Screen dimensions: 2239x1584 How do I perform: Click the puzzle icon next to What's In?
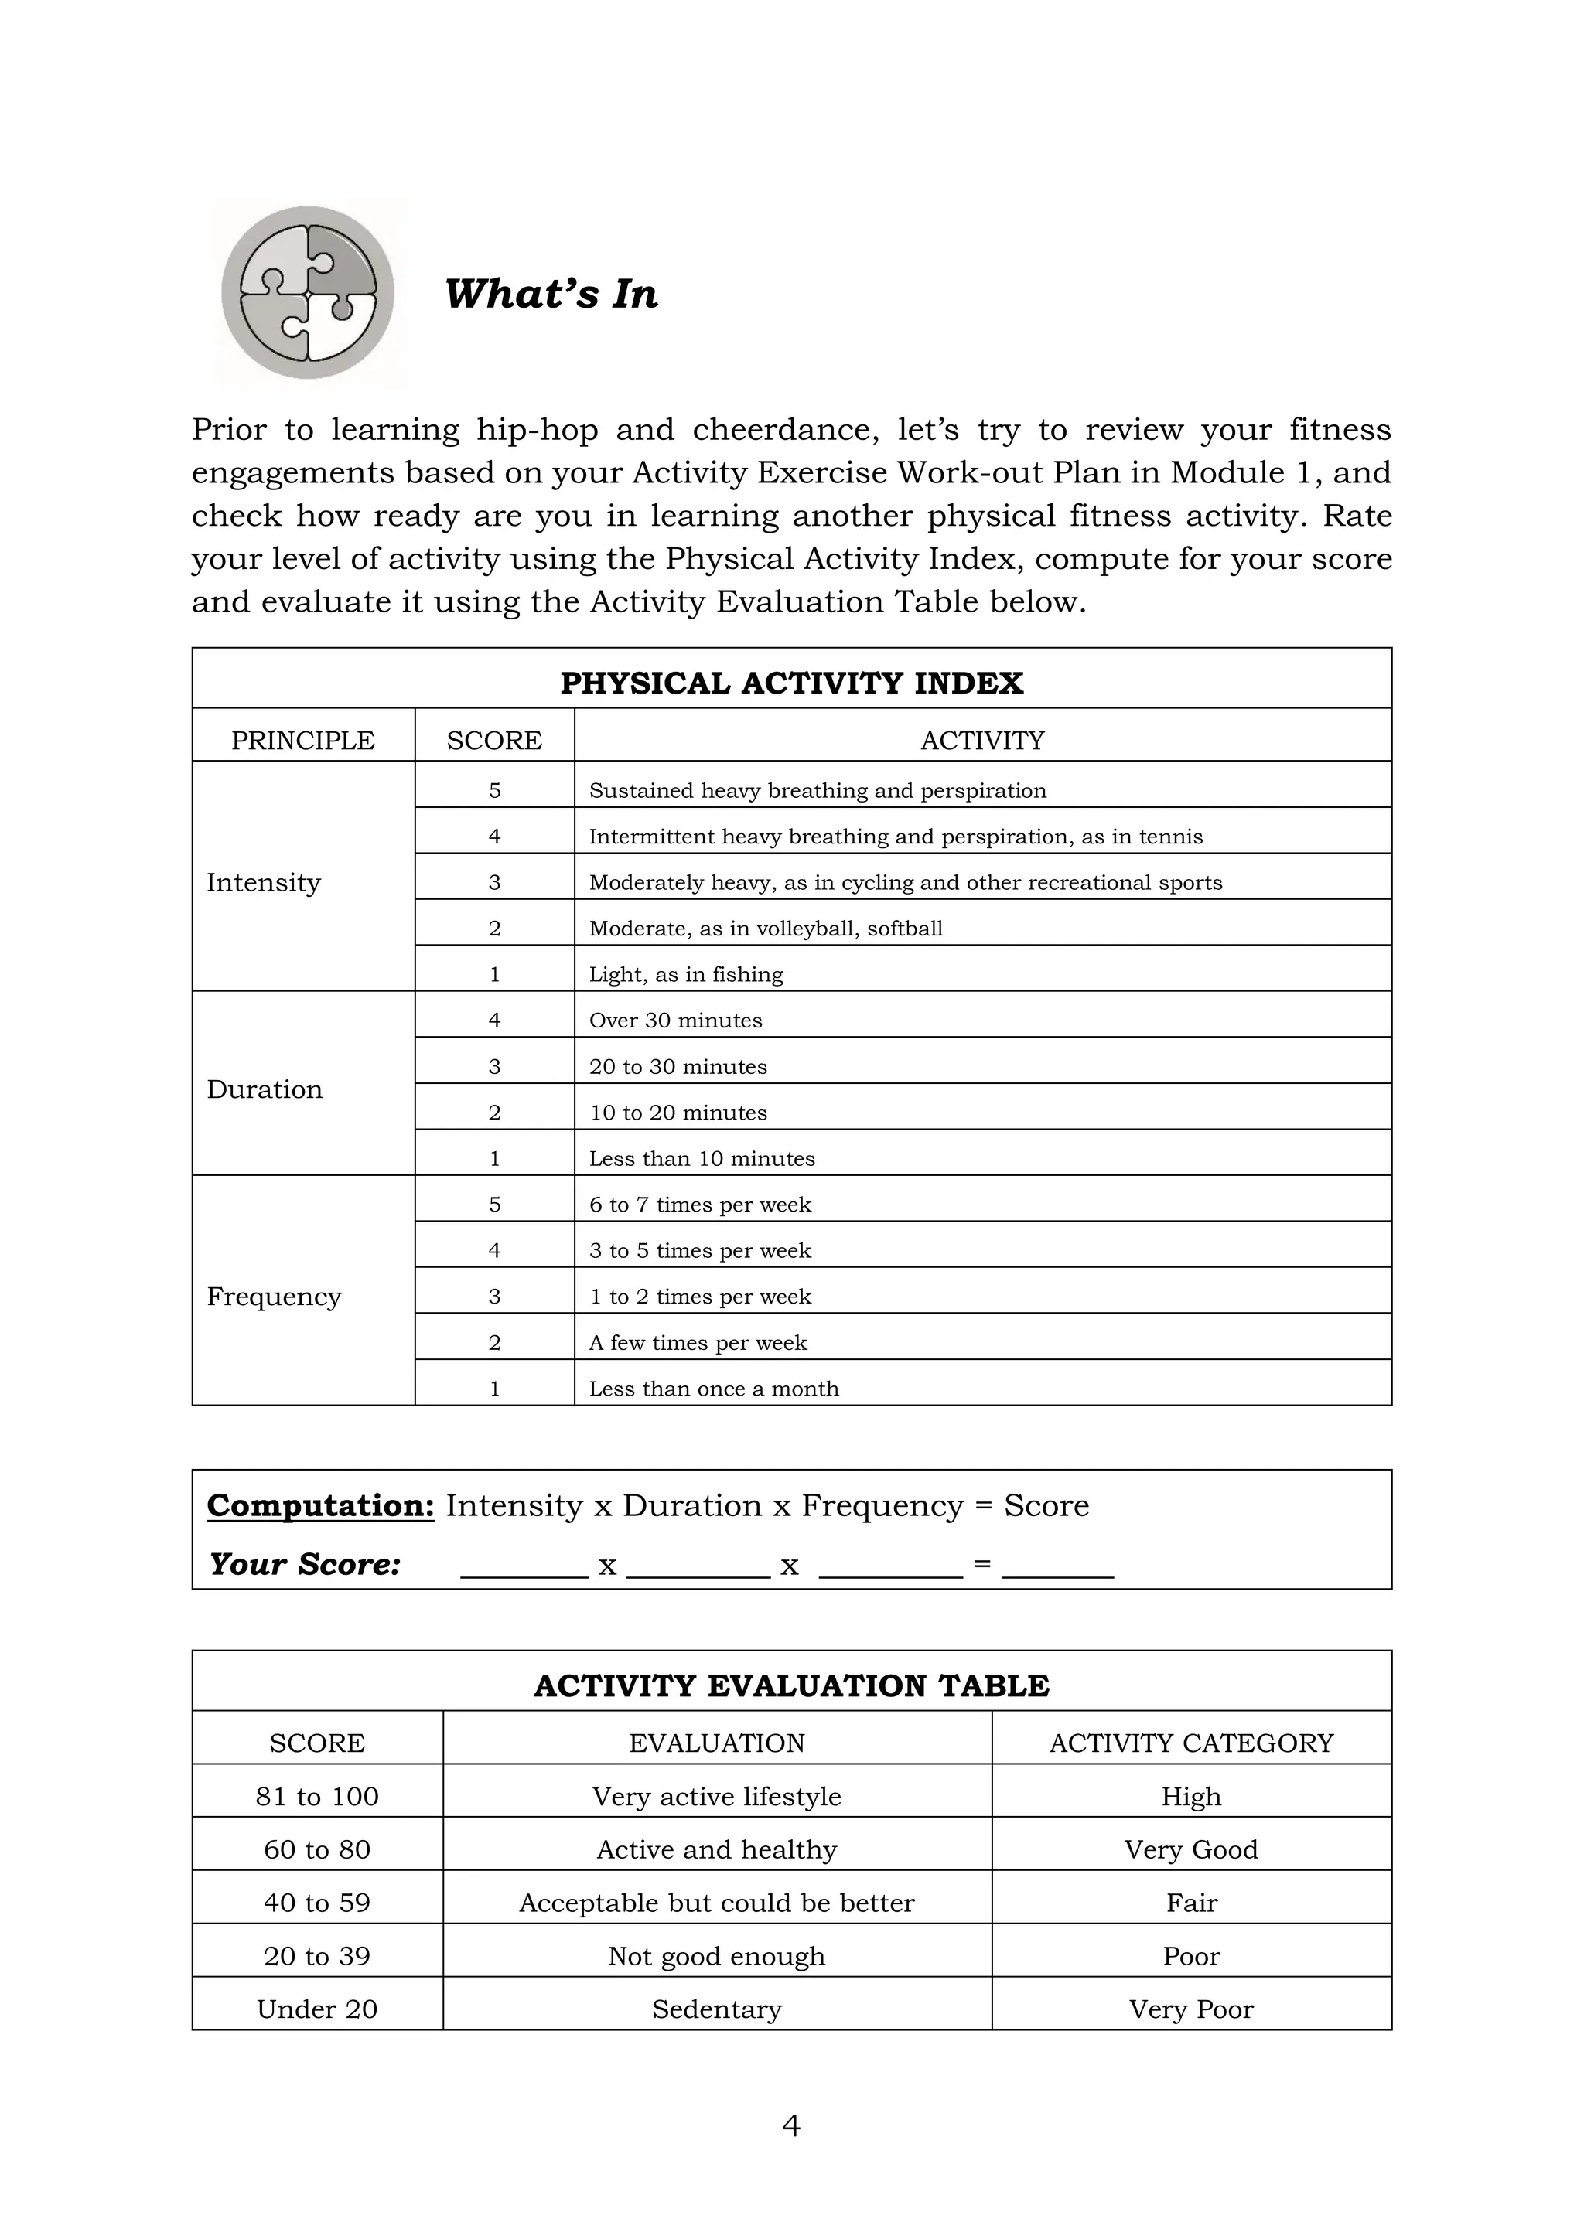[x=309, y=292]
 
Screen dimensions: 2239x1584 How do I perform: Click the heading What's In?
[x=551, y=294]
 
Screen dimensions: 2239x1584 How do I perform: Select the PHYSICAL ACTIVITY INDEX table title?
[x=791, y=683]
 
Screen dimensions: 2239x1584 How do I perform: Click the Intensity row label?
[x=263, y=882]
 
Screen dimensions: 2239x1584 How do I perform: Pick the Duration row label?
[x=265, y=1089]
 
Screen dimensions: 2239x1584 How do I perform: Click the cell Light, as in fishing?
[x=686, y=974]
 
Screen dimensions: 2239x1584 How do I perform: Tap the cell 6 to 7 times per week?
[x=699, y=1205]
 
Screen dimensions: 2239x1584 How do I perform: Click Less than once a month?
[x=713, y=1389]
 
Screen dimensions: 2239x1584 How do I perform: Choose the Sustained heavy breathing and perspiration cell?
[x=818, y=790]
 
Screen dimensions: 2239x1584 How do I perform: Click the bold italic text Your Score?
[x=304, y=1564]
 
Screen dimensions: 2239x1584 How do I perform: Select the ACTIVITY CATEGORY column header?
[x=1191, y=1743]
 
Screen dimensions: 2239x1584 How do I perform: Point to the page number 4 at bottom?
[x=791, y=2126]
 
